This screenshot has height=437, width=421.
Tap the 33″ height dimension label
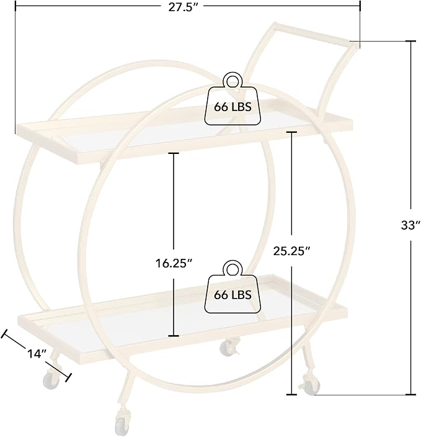click(x=410, y=225)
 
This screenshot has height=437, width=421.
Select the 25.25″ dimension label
click(x=291, y=251)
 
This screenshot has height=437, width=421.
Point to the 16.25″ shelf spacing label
click(x=174, y=263)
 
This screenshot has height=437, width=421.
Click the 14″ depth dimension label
click(x=37, y=354)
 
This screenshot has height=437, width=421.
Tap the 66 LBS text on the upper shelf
click(x=233, y=107)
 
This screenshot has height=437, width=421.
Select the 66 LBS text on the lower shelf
click(x=233, y=295)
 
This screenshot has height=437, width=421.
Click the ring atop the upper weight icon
click(x=233, y=81)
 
